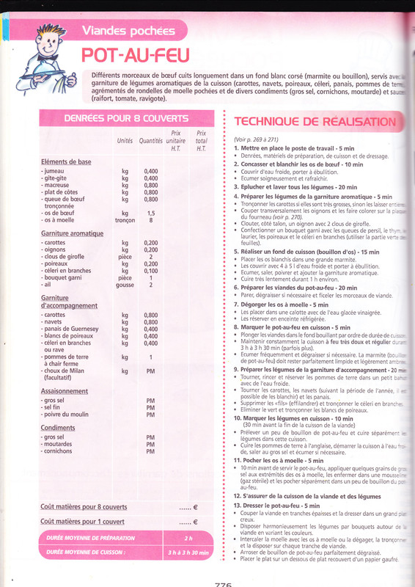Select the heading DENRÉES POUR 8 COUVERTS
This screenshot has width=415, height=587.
pyautogui.click(x=125, y=117)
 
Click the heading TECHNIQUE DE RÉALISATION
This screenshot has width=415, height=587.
pyautogui.click(x=314, y=122)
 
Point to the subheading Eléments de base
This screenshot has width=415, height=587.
pyautogui.click(x=66, y=161)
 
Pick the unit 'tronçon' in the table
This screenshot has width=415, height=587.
pyautogui.click(x=125, y=219)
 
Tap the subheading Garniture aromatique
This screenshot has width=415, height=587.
pyautogui.click(x=72, y=233)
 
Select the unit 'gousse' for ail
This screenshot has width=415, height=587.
pyautogui.click(x=125, y=285)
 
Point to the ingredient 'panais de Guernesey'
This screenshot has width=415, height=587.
pyautogui.click(x=76, y=329)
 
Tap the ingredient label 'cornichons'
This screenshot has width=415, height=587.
pyautogui.click(x=62, y=451)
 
